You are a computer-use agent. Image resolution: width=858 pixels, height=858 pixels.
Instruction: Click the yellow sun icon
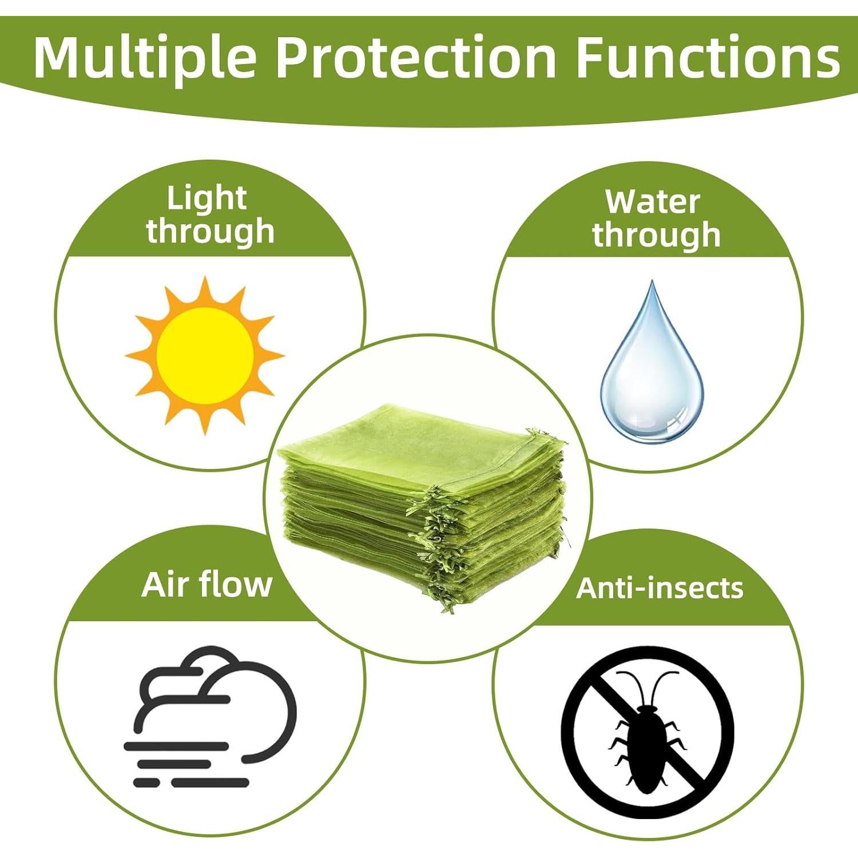coord(205,356)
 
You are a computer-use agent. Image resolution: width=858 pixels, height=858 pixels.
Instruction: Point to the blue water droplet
coord(652,372)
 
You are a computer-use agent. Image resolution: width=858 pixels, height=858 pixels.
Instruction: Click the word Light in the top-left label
coord(206,199)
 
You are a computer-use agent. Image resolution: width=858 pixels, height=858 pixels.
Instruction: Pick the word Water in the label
coord(653,202)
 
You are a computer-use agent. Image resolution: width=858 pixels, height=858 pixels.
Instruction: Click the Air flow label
coord(206,585)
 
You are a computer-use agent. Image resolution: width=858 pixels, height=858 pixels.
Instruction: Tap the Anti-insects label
coord(660,588)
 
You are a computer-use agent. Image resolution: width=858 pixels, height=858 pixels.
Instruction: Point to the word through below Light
coord(210,232)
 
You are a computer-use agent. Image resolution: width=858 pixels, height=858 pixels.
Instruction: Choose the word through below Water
coord(656,236)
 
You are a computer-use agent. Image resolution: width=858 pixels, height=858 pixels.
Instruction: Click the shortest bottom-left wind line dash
coord(145,782)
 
